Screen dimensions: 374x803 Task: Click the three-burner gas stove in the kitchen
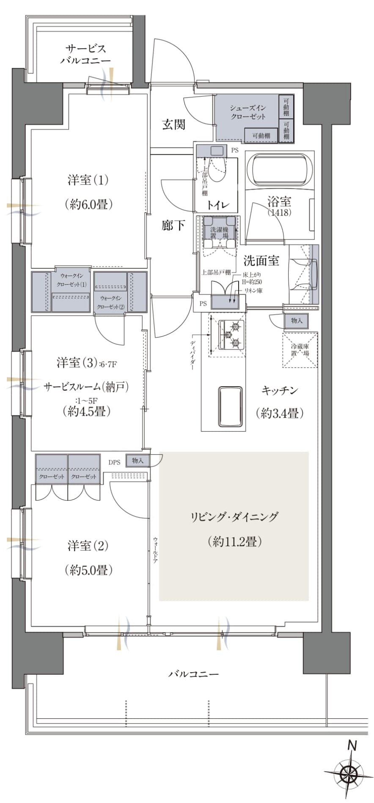coord(231,335)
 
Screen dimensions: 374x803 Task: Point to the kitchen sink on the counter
coord(230,406)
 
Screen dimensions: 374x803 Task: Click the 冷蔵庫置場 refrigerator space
coord(300,350)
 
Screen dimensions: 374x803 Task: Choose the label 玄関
coord(174,124)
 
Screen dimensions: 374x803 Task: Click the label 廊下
coord(173,225)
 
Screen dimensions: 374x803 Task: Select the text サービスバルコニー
coord(85,55)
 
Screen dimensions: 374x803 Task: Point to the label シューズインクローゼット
coord(248,112)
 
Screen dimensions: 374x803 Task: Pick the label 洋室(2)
coord(88,546)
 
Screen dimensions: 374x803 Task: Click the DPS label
coord(114,462)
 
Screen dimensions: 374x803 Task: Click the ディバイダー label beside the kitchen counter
coord(193,355)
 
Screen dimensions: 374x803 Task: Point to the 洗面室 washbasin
coord(303,274)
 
